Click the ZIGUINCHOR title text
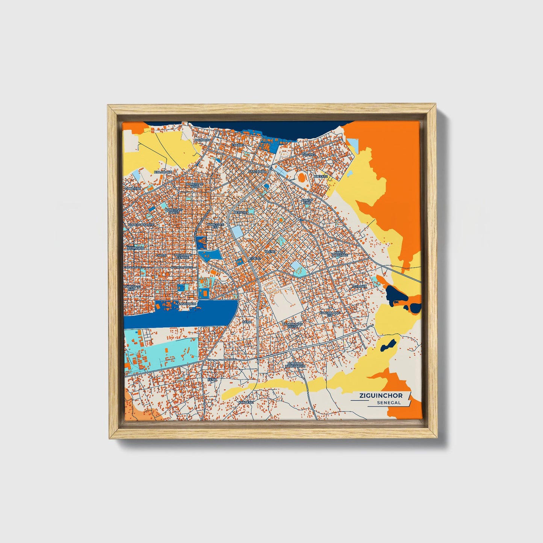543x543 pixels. (381, 396)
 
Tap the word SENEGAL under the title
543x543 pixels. (389, 402)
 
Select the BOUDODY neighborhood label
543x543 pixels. (203, 140)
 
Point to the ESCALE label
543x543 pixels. (237, 145)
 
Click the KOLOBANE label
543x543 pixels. (163, 172)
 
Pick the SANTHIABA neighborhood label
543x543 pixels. (257, 171)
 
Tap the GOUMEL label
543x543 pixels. (309, 154)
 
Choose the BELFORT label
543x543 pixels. (241, 212)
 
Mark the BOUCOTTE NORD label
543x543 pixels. (194, 185)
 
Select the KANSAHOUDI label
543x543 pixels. (186, 303)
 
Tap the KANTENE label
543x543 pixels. (246, 402)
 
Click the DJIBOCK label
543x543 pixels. (359, 286)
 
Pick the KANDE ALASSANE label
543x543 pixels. (340, 254)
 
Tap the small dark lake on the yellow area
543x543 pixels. (388, 344)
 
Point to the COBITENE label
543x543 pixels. (133, 189)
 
